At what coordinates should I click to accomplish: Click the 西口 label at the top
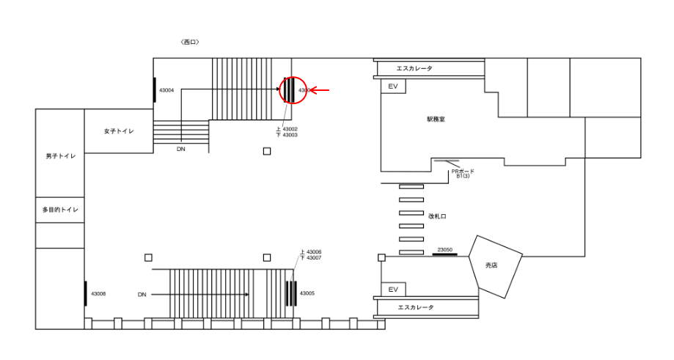click(189, 43)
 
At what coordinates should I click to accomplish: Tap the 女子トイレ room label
click(118, 131)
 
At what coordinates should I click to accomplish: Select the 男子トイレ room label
click(60, 156)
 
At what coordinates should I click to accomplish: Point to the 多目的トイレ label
click(60, 210)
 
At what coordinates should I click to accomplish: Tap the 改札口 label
click(438, 216)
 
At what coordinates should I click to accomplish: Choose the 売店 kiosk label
click(491, 265)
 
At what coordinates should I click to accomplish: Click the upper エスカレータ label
click(414, 68)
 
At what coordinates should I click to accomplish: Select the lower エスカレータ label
click(415, 307)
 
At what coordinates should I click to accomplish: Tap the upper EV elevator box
click(393, 87)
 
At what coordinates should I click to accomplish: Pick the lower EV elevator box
click(393, 290)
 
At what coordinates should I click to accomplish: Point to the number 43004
click(166, 90)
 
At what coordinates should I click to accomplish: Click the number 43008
click(98, 294)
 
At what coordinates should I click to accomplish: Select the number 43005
click(307, 293)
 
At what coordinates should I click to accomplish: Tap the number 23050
click(444, 249)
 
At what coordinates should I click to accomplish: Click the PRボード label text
click(463, 172)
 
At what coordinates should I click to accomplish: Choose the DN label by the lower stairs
click(142, 295)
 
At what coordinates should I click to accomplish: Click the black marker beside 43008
click(86, 293)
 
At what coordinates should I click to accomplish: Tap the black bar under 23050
click(444, 254)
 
